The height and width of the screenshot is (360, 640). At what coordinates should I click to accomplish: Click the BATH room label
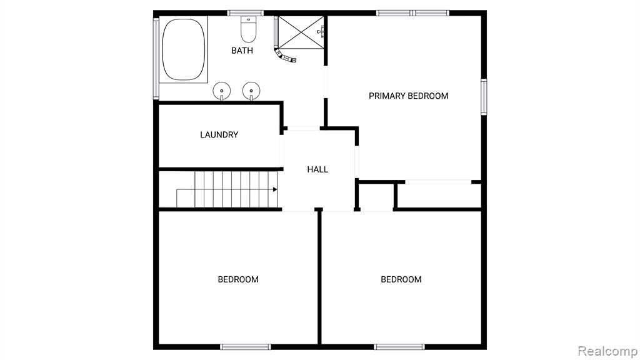(242, 51)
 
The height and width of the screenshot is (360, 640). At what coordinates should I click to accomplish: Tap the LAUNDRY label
(219, 135)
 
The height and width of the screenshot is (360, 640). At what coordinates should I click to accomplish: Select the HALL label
(317, 169)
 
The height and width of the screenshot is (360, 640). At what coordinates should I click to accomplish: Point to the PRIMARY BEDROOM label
(409, 96)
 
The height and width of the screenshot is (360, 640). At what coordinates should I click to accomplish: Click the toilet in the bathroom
(248, 29)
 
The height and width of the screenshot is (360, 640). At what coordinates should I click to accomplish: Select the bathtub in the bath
(183, 49)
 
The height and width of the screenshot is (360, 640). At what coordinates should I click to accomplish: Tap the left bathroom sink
(222, 91)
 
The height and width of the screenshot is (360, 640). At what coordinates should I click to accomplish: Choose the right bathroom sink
(251, 91)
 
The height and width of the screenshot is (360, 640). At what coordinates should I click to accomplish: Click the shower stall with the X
(301, 32)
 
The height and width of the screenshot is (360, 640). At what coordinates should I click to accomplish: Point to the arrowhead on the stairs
(275, 189)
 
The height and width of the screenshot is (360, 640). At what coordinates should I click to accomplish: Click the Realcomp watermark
(607, 351)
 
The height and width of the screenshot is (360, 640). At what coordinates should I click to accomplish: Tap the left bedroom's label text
(238, 279)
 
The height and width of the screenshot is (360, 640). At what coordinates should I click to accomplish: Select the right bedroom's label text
(401, 279)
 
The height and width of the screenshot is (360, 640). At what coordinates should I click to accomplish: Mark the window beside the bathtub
(156, 58)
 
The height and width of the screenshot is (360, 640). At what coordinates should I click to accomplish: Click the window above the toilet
(245, 13)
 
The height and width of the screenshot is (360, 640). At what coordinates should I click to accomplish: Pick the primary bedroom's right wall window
(484, 97)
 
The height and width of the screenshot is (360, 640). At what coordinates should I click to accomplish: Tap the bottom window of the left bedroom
(245, 347)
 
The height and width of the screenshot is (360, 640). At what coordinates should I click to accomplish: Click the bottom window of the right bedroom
(399, 347)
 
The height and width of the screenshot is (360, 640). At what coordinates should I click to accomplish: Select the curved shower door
(284, 56)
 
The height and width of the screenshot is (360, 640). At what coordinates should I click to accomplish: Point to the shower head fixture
(321, 31)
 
